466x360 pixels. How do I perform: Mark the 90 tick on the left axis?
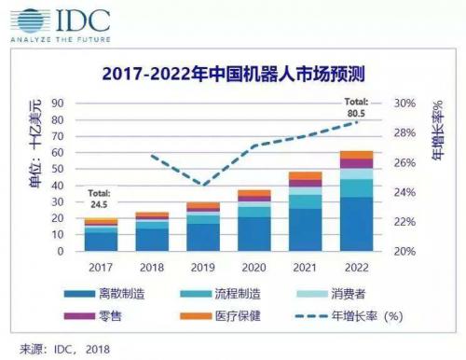[58, 103]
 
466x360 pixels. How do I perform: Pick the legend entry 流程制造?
[240, 296]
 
